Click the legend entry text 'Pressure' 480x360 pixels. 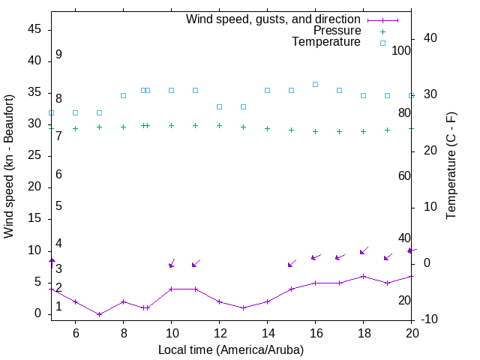tap(337, 31)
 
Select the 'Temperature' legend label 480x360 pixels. tap(326, 42)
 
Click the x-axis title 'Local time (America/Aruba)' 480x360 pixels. tap(231, 349)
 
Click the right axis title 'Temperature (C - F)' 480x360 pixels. tap(451, 166)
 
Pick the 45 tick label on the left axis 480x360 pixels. tap(34, 29)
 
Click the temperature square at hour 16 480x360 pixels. tap(315, 84)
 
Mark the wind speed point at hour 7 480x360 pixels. tap(99, 314)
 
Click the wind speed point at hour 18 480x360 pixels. tap(363, 276)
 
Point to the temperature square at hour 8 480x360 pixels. tap(123, 95)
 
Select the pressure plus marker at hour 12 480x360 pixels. tap(219, 125)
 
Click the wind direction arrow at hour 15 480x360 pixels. tap(292, 262)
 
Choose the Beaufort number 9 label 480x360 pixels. tap(58, 55)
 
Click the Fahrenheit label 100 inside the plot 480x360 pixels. tap(402, 50)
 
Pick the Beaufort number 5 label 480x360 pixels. tap(58, 206)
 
